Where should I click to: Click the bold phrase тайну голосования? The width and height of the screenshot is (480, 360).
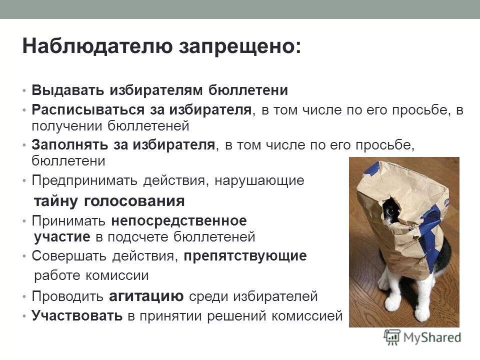109,201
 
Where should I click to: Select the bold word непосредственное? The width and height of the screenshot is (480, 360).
179,220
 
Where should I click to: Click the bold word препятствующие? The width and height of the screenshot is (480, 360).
245,256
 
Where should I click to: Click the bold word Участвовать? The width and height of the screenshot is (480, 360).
77,316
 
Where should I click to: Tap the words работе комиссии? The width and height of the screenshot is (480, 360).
91,276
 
